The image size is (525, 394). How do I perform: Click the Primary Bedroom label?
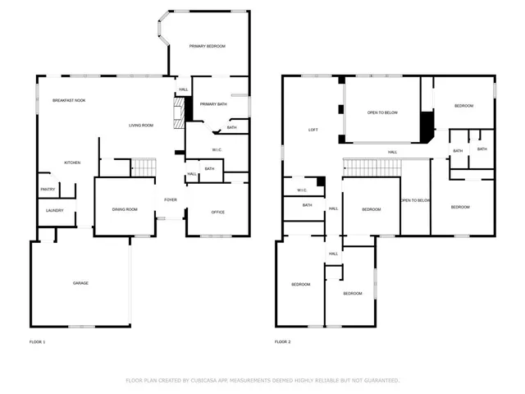point(208,47)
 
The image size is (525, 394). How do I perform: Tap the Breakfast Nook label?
point(69,100)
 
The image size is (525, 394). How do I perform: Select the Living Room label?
point(141,125)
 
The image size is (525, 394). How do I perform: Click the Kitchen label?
point(72,163)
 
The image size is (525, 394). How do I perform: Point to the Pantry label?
point(48,190)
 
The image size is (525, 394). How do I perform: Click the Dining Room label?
point(125,210)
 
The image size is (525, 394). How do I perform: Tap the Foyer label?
point(171,199)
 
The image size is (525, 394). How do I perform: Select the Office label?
point(218,213)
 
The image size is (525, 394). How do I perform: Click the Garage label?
point(80,283)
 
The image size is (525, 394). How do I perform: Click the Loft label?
point(313,130)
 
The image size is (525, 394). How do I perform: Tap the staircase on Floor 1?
point(144,167)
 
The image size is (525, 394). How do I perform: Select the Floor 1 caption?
point(37,341)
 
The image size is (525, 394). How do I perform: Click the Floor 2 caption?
point(283,341)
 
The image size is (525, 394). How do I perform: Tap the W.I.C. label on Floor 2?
point(301,190)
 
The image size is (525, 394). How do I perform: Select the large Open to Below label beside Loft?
point(382,112)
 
